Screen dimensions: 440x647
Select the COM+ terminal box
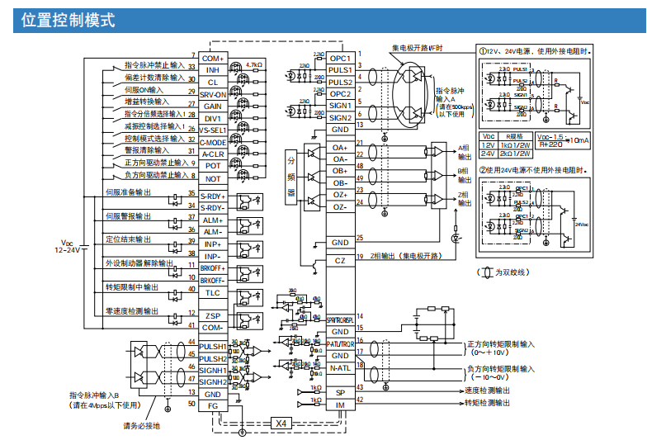coord(213,59)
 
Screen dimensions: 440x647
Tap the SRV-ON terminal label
coord(213,95)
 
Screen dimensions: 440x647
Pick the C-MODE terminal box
coord(213,142)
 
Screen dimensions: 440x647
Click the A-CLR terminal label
coord(213,154)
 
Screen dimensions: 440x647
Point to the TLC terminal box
coord(213,293)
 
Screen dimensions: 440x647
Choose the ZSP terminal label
coord(213,316)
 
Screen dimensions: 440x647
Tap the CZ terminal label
coord(340,261)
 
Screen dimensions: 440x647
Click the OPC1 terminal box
coord(340,59)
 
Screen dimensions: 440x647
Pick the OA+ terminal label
coord(340,148)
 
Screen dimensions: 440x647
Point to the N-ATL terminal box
coord(340,368)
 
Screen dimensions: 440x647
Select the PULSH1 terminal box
coord(213,346)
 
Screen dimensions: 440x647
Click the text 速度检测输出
coord(486,390)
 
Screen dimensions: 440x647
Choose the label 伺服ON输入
coord(144,89)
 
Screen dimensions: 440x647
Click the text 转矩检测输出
coord(486,403)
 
